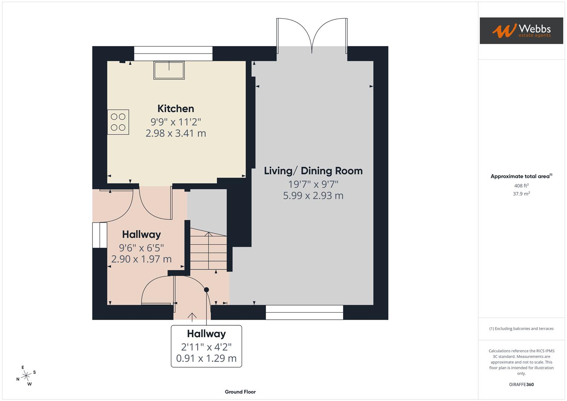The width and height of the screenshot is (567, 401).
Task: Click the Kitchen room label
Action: point(176,108)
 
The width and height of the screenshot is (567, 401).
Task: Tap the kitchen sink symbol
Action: point(169,70)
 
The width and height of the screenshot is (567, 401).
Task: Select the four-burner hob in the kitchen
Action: point(118,122)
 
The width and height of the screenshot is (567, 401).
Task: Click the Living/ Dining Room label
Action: point(313,171)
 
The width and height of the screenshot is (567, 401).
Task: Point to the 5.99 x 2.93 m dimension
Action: point(313,196)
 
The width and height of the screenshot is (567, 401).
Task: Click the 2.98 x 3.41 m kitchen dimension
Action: point(176,133)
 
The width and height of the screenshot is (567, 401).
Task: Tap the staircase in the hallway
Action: point(208,251)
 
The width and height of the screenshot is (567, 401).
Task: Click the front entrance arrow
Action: point(192,316)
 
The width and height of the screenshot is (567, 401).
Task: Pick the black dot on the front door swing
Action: point(206,290)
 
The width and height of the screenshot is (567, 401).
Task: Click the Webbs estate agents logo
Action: point(521,31)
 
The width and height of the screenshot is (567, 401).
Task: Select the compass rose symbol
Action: point(26,376)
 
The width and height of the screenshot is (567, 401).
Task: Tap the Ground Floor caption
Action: point(240,392)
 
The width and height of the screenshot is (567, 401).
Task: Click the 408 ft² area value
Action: point(521,186)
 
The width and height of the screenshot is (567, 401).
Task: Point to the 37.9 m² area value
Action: point(521,194)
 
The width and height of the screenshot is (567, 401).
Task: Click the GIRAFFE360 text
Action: point(521,384)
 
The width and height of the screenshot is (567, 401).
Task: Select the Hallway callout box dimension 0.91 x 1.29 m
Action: point(206,359)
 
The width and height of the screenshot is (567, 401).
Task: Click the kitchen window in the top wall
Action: point(173,53)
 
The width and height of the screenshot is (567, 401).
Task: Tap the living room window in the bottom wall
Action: point(304,312)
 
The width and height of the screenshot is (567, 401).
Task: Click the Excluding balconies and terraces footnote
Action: point(521,329)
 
